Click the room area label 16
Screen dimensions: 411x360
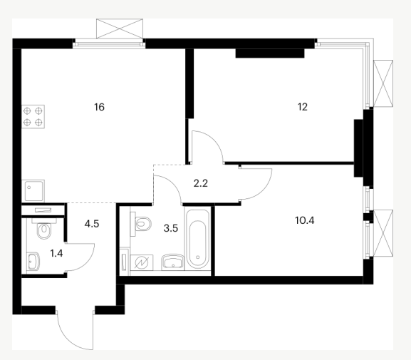click(99, 107)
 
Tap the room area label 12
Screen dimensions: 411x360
click(303, 107)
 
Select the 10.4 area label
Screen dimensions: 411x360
click(305, 220)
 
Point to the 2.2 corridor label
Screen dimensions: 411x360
click(201, 183)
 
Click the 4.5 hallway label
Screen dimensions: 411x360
click(92, 224)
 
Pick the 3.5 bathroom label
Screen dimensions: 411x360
click(171, 228)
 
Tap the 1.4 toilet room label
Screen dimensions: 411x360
click(56, 254)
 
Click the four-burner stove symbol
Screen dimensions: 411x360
click(33, 116)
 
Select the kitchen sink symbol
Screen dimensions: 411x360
click(33, 191)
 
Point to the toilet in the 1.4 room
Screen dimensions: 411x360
click(44, 230)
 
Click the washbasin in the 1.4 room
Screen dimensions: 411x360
click(33, 262)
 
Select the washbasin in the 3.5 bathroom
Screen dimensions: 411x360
click(173, 262)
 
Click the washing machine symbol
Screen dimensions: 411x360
click(142, 262)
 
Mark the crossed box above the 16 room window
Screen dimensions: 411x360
click(120, 29)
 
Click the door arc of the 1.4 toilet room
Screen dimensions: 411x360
click(87, 262)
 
